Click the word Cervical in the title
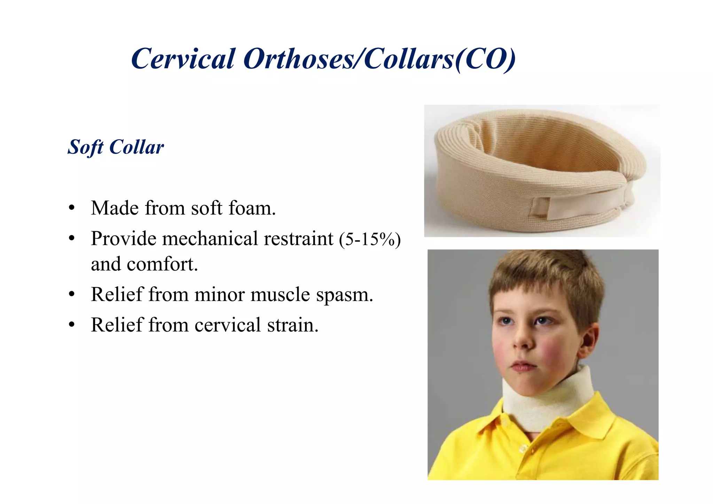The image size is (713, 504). pyautogui.click(x=183, y=59)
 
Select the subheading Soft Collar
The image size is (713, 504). pyautogui.click(x=116, y=147)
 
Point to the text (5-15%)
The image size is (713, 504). pyautogui.click(x=370, y=239)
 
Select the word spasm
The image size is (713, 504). pyautogui.click(x=344, y=295)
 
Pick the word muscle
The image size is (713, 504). pyautogui.click(x=280, y=295)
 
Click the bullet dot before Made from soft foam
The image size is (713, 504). pyautogui.click(x=72, y=208)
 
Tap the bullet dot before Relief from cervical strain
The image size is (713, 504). pyautogui.click(x=72, y=325)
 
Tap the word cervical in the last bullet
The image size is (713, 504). pyautogui.click(x=227, y=325)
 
